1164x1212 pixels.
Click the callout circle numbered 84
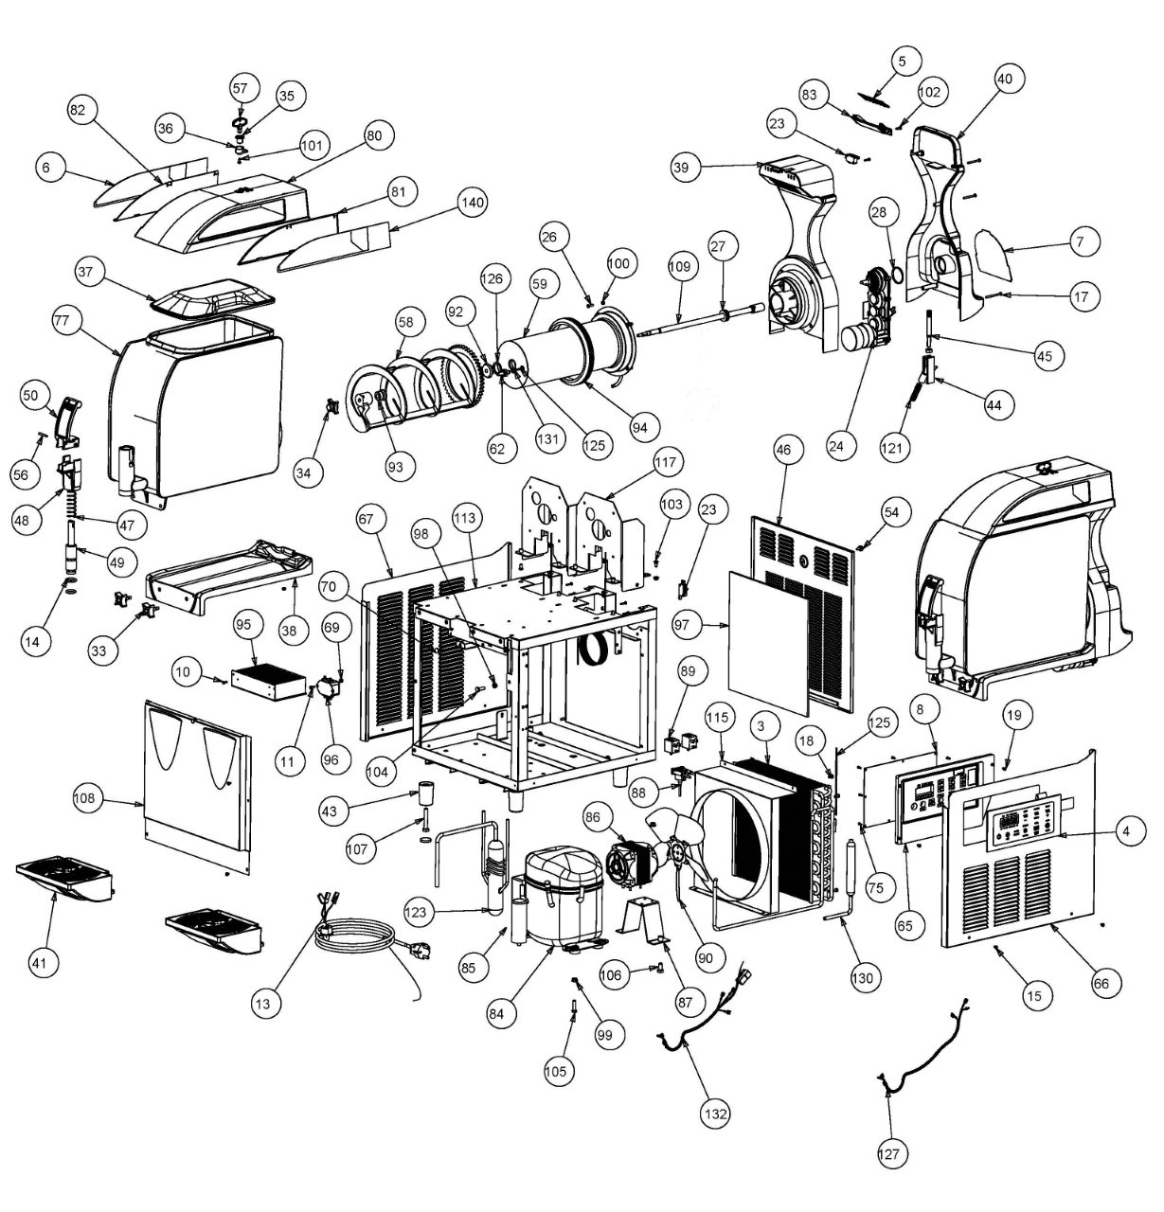pos(503,1011)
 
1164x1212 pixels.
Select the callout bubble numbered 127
pos(890,1153)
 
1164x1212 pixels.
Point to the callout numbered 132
pos(716,1114)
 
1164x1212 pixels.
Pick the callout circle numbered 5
pos(902,61)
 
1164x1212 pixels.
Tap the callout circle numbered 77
pos(63,320)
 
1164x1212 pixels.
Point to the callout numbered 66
pos(1101,982)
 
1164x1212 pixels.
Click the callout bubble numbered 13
pos(268,1003)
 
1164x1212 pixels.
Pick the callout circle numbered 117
pos(666,463)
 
